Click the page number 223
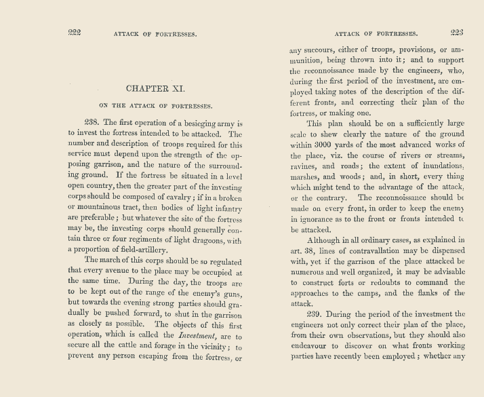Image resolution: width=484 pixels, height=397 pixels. point(456,33)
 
